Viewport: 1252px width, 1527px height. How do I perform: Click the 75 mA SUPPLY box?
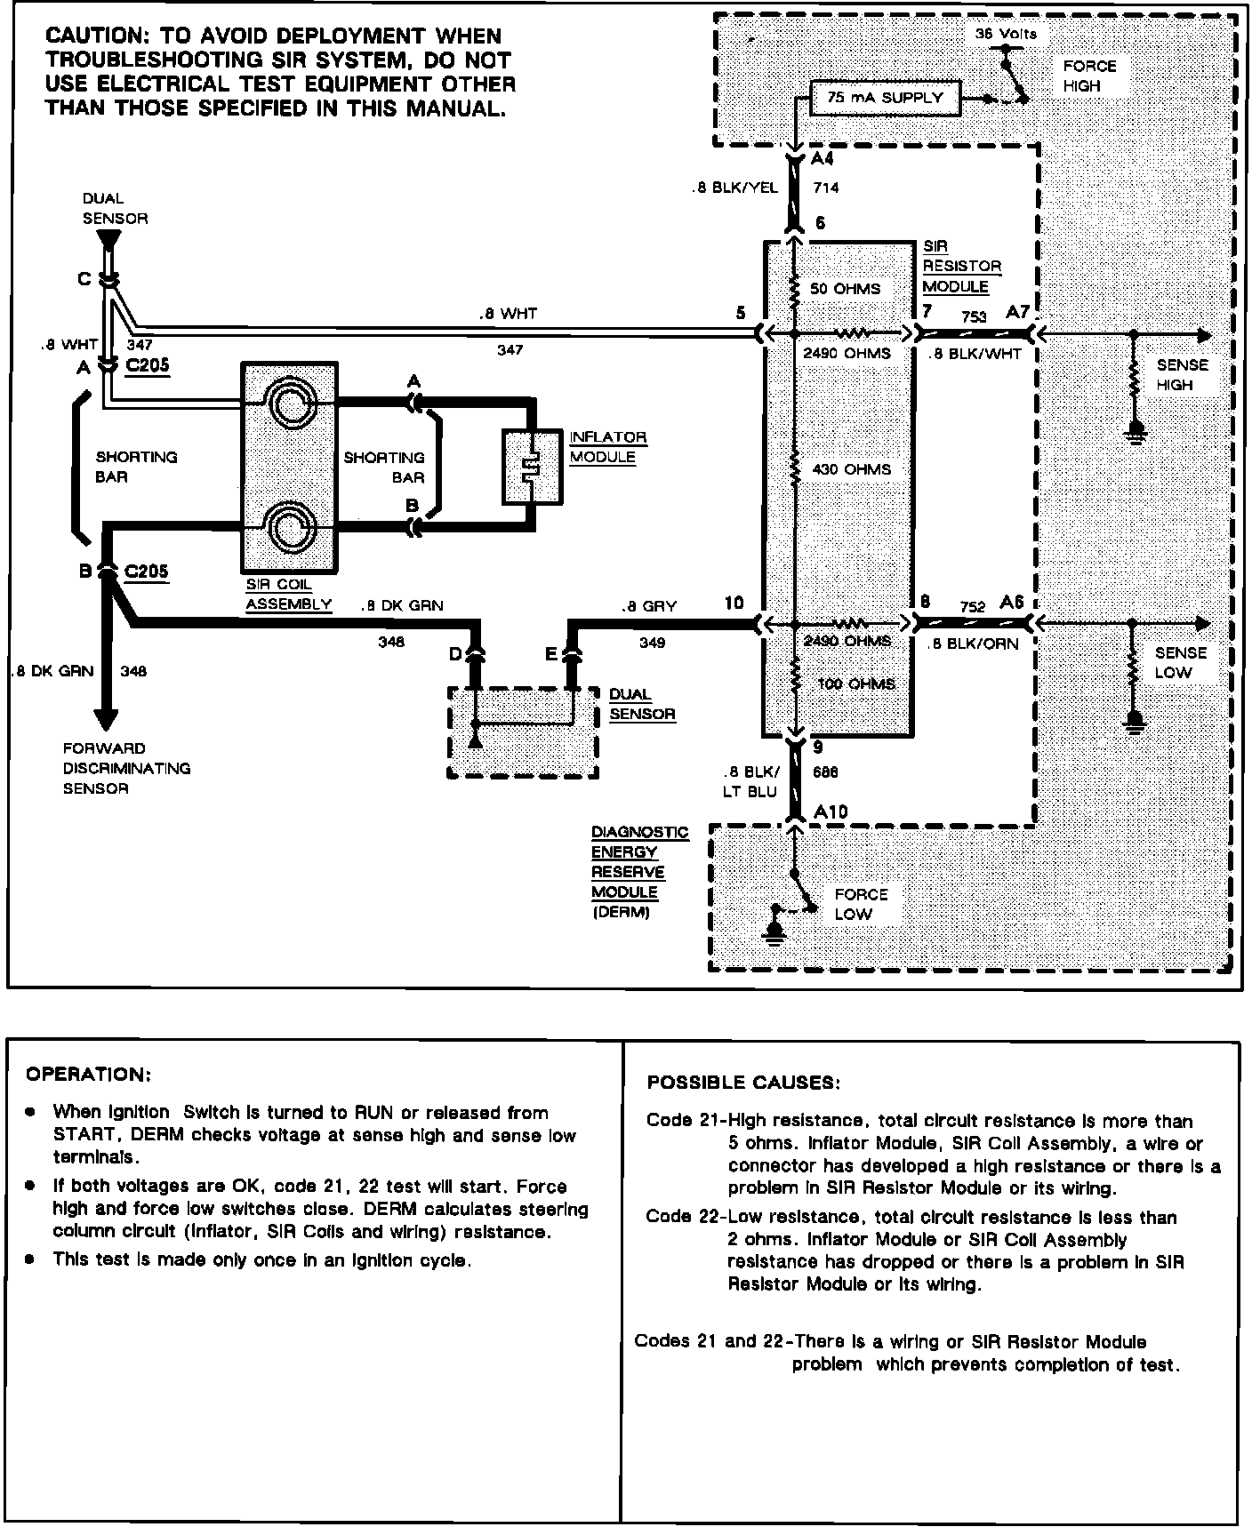click(x=886, y=98)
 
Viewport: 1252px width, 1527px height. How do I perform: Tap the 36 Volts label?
click(x=1006, y=34)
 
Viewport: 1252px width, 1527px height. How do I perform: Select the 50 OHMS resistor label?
click(x=845, y=289)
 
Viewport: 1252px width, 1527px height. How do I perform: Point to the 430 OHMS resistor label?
click(x=851, y=469)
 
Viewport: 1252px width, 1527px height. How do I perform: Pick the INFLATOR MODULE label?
click(x=607, y=447)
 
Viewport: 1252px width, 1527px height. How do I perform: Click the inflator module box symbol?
click(x=531, y=468)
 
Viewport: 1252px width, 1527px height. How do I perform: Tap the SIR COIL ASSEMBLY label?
click(x=288, y=596)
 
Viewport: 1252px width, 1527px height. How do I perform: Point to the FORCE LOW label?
click(x=860, y=904)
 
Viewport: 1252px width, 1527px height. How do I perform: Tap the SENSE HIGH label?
click(x=1181, y=375)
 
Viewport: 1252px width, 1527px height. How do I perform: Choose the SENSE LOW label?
click(x=1180, y=662)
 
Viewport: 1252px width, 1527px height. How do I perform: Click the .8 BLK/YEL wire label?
click(x=734, y=188)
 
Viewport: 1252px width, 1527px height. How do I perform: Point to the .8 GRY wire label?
click(x=649, y=606)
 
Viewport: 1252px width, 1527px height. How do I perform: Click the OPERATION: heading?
click(x=89, y=1075)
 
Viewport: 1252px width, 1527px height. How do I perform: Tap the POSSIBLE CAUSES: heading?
click(x=742, y=1083)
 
